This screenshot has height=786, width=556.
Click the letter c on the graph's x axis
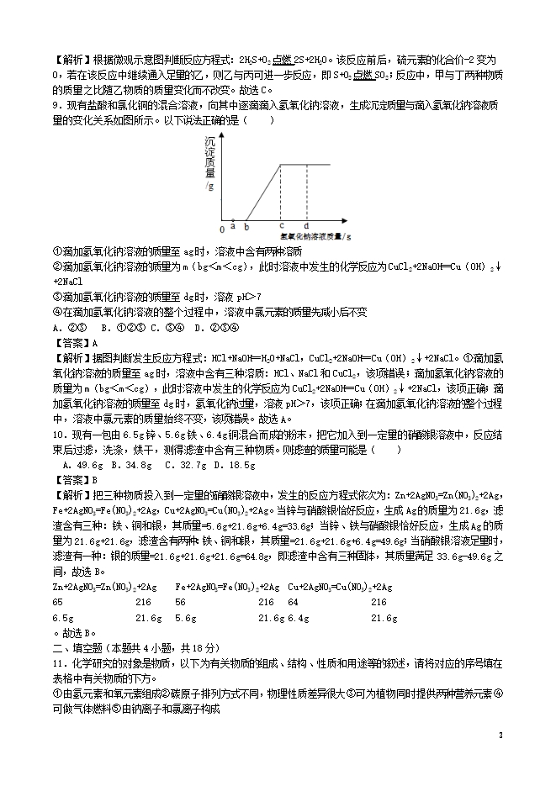(x=281, y=225)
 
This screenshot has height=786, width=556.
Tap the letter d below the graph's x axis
(x=305, y=225)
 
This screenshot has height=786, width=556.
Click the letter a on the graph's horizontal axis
(x=232, y=224)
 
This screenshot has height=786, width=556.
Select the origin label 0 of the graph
(x=222, y=228)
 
